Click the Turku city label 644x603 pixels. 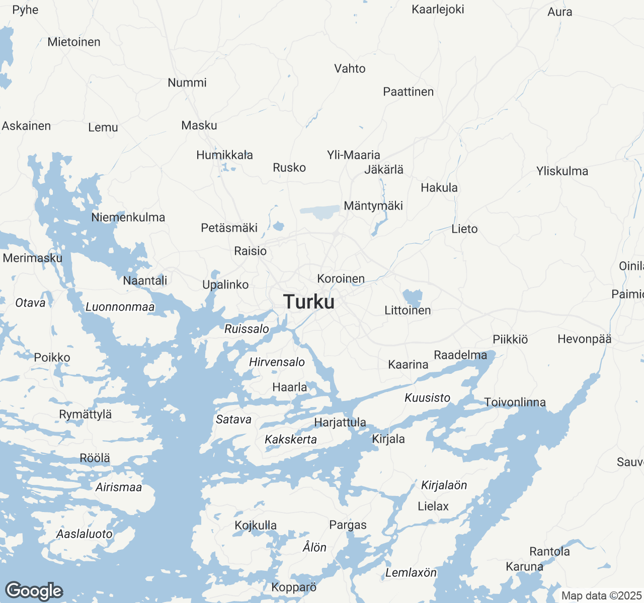[x=309, y=302]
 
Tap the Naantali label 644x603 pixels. [x=145, y=280]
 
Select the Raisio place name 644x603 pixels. [x=250, y=251]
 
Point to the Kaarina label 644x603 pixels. [x=408, y=364]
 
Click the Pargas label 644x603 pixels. [x=348, y=525]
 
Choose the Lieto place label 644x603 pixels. [x=464, y=229]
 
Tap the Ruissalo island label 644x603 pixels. [x=247, y=329]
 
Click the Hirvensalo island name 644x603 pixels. [x=277, y=362]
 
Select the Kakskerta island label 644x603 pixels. [x=291, y=440]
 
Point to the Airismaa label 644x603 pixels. [x=119, y=487]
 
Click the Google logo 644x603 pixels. [x=34, y=591]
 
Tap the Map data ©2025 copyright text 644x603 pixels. [x=601, y=596]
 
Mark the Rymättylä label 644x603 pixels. [x=86, y=415]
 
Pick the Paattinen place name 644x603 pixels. [x=408, y=92]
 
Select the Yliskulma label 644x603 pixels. [x=562, y=171]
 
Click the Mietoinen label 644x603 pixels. [x=74, y=42]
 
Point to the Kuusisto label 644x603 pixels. [x=427, y=398]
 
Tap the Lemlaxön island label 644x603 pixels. [x=411, y=573]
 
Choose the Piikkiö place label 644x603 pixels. [x=510, y=340]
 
